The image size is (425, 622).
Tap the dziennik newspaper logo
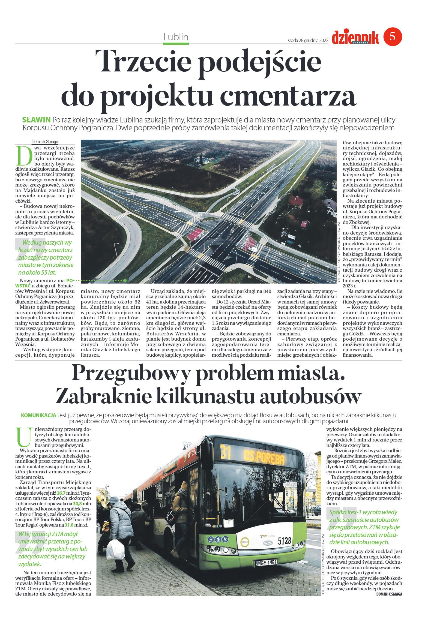(x=355, y=37)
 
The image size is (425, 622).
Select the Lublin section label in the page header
(x=176, y=37)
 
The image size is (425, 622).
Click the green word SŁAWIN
(x=36, y=120)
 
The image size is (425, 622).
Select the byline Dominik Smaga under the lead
(x=45, y=142)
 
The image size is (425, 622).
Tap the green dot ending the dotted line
(x=125, y=280)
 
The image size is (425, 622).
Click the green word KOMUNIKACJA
(x=38, y=415)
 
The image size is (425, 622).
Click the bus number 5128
(x=284, y=541)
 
